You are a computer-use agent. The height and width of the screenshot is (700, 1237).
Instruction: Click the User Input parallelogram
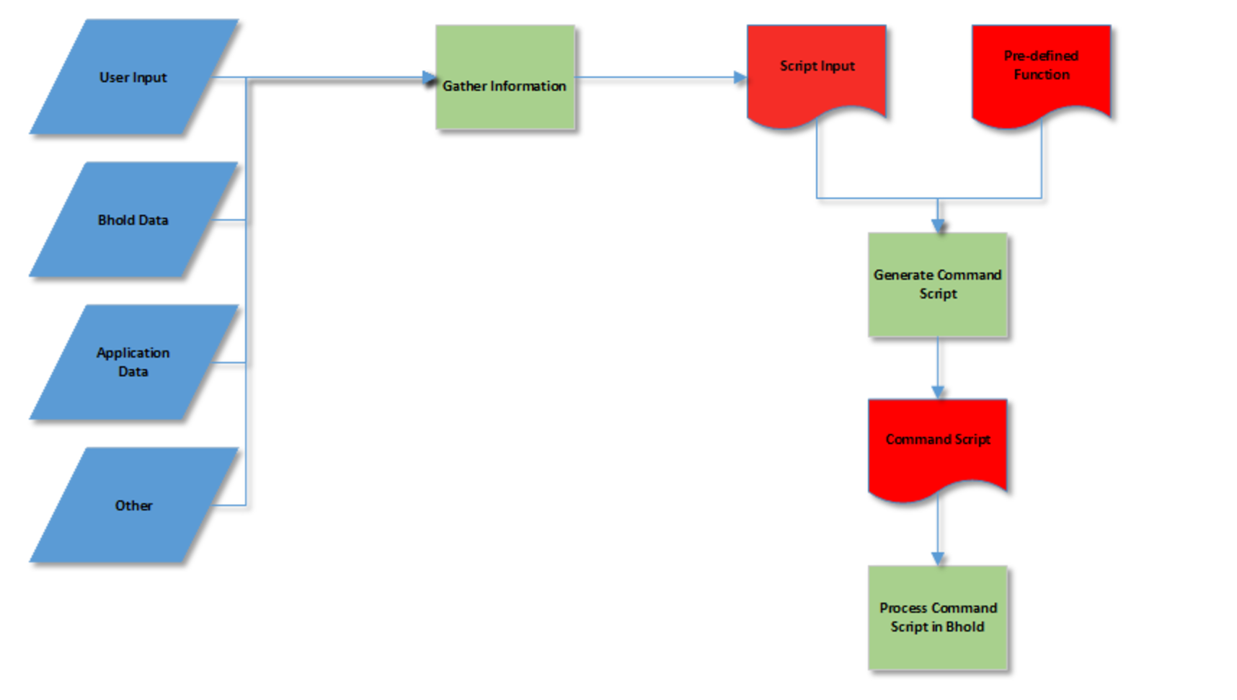(x=133, y=77)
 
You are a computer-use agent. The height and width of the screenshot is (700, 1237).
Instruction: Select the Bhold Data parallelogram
(x=133, y=220)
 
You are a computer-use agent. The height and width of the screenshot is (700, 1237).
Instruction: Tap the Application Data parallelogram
(x=133, y=362)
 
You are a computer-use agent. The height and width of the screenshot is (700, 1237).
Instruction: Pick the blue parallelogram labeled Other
(x=133, y=505)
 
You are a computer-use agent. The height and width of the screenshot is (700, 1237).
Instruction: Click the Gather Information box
(x=505, y=78)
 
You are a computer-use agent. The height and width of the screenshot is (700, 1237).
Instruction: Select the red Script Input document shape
(x=817, y=72)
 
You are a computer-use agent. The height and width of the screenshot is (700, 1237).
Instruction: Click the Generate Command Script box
(x=937, y=284)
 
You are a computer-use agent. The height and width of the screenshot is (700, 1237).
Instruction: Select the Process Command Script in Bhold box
(x=937, y=618)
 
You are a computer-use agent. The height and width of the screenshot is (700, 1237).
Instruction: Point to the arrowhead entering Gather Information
(x=430, y=78)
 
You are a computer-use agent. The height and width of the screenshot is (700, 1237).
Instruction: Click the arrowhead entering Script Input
(x=740, y=78)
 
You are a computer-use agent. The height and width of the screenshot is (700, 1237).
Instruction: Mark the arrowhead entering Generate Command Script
(x=938, y=226)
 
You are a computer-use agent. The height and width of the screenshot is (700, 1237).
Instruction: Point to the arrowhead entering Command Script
(x=938, y=392)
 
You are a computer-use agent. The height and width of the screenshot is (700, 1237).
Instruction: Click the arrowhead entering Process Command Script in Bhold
(x=938, y=559)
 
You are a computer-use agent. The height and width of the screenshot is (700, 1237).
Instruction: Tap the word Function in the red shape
(x=1042, y=74)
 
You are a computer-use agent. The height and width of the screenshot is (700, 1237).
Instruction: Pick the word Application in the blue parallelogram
(x=133, y=353)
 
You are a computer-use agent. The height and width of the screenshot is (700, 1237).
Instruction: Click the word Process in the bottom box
(x=903, y=608)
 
